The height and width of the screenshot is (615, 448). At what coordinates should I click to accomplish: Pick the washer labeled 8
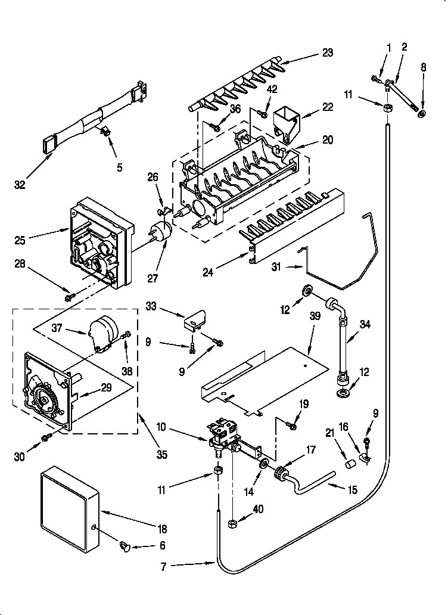pos(422,113)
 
